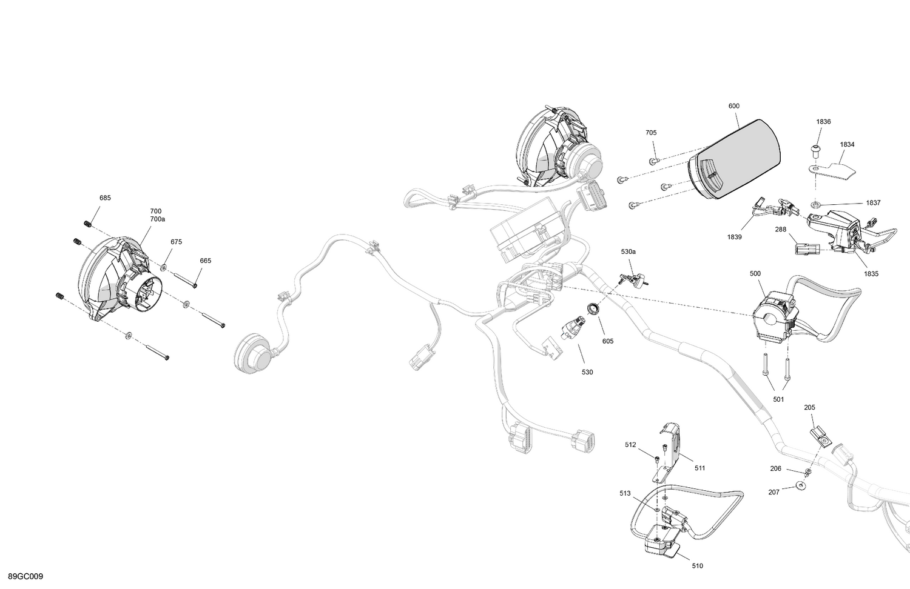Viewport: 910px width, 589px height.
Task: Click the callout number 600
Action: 733,106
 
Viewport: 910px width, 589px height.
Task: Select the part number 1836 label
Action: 823,122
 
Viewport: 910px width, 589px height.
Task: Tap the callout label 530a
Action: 628,251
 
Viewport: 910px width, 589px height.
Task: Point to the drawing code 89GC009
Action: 25,576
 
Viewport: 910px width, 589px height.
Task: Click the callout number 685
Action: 105,198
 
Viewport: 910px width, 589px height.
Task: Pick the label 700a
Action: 157,219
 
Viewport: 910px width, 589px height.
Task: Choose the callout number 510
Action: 697,566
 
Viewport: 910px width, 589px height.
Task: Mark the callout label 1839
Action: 734,237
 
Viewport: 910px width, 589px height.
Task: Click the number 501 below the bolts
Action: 778,399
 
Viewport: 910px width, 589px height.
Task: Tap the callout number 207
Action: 773,493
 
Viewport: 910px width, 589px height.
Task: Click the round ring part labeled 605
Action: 593,310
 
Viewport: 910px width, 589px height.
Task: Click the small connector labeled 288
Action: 804,248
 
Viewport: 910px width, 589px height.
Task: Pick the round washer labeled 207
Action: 802,486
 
